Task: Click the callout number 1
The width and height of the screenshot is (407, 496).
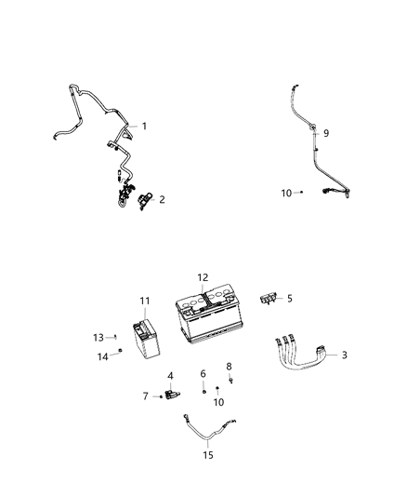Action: click(144, 126)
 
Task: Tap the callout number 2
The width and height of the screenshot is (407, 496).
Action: click(163, 198)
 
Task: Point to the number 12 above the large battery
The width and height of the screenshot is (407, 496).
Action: click(203, 277)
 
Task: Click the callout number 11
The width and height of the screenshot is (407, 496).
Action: click(144, 301)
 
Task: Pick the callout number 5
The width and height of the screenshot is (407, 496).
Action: click(289, 299)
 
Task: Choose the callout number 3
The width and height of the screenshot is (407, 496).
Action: click(346, 355)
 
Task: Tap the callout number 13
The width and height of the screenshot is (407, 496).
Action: click(98, 337)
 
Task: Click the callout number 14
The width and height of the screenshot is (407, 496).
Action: click(102, 355)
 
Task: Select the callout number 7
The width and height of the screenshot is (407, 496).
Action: click(146, 396)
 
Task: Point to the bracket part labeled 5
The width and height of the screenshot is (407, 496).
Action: click(267, 298)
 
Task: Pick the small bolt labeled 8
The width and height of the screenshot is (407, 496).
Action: click(229, 380)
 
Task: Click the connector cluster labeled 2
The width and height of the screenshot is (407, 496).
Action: click(132, 197)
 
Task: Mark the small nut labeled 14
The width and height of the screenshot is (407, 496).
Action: click(122, 351)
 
